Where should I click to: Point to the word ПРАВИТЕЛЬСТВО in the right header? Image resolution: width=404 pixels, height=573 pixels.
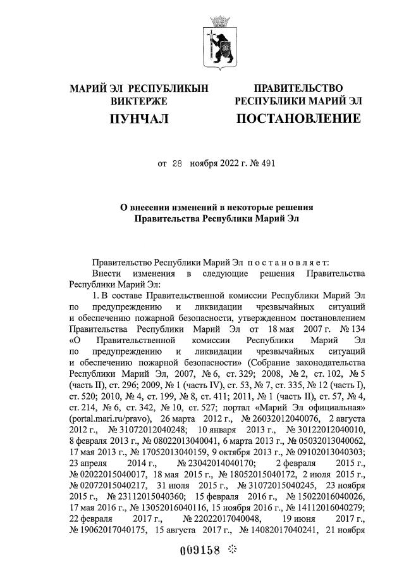pos(298,87)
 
